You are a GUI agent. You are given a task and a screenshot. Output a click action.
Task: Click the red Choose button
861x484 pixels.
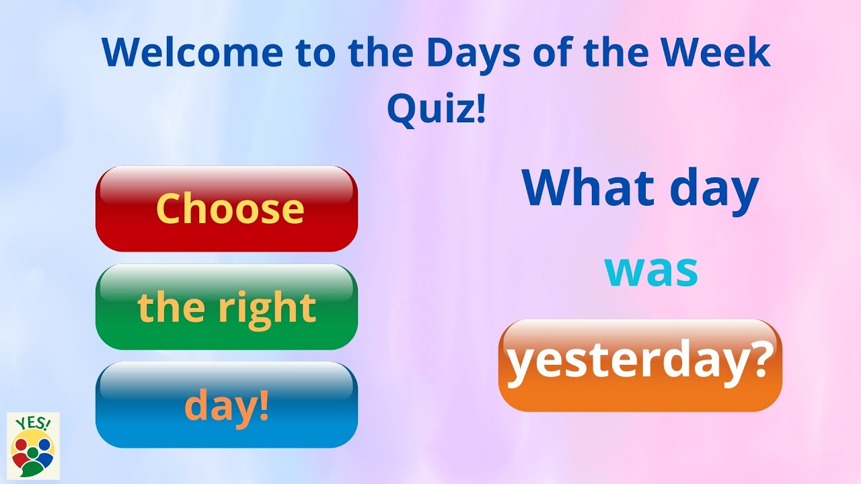click(227, 209)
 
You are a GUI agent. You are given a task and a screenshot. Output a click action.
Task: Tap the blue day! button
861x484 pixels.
click(227, 405)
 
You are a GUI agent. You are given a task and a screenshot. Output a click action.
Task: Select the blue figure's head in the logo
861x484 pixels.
click(45, 445)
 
